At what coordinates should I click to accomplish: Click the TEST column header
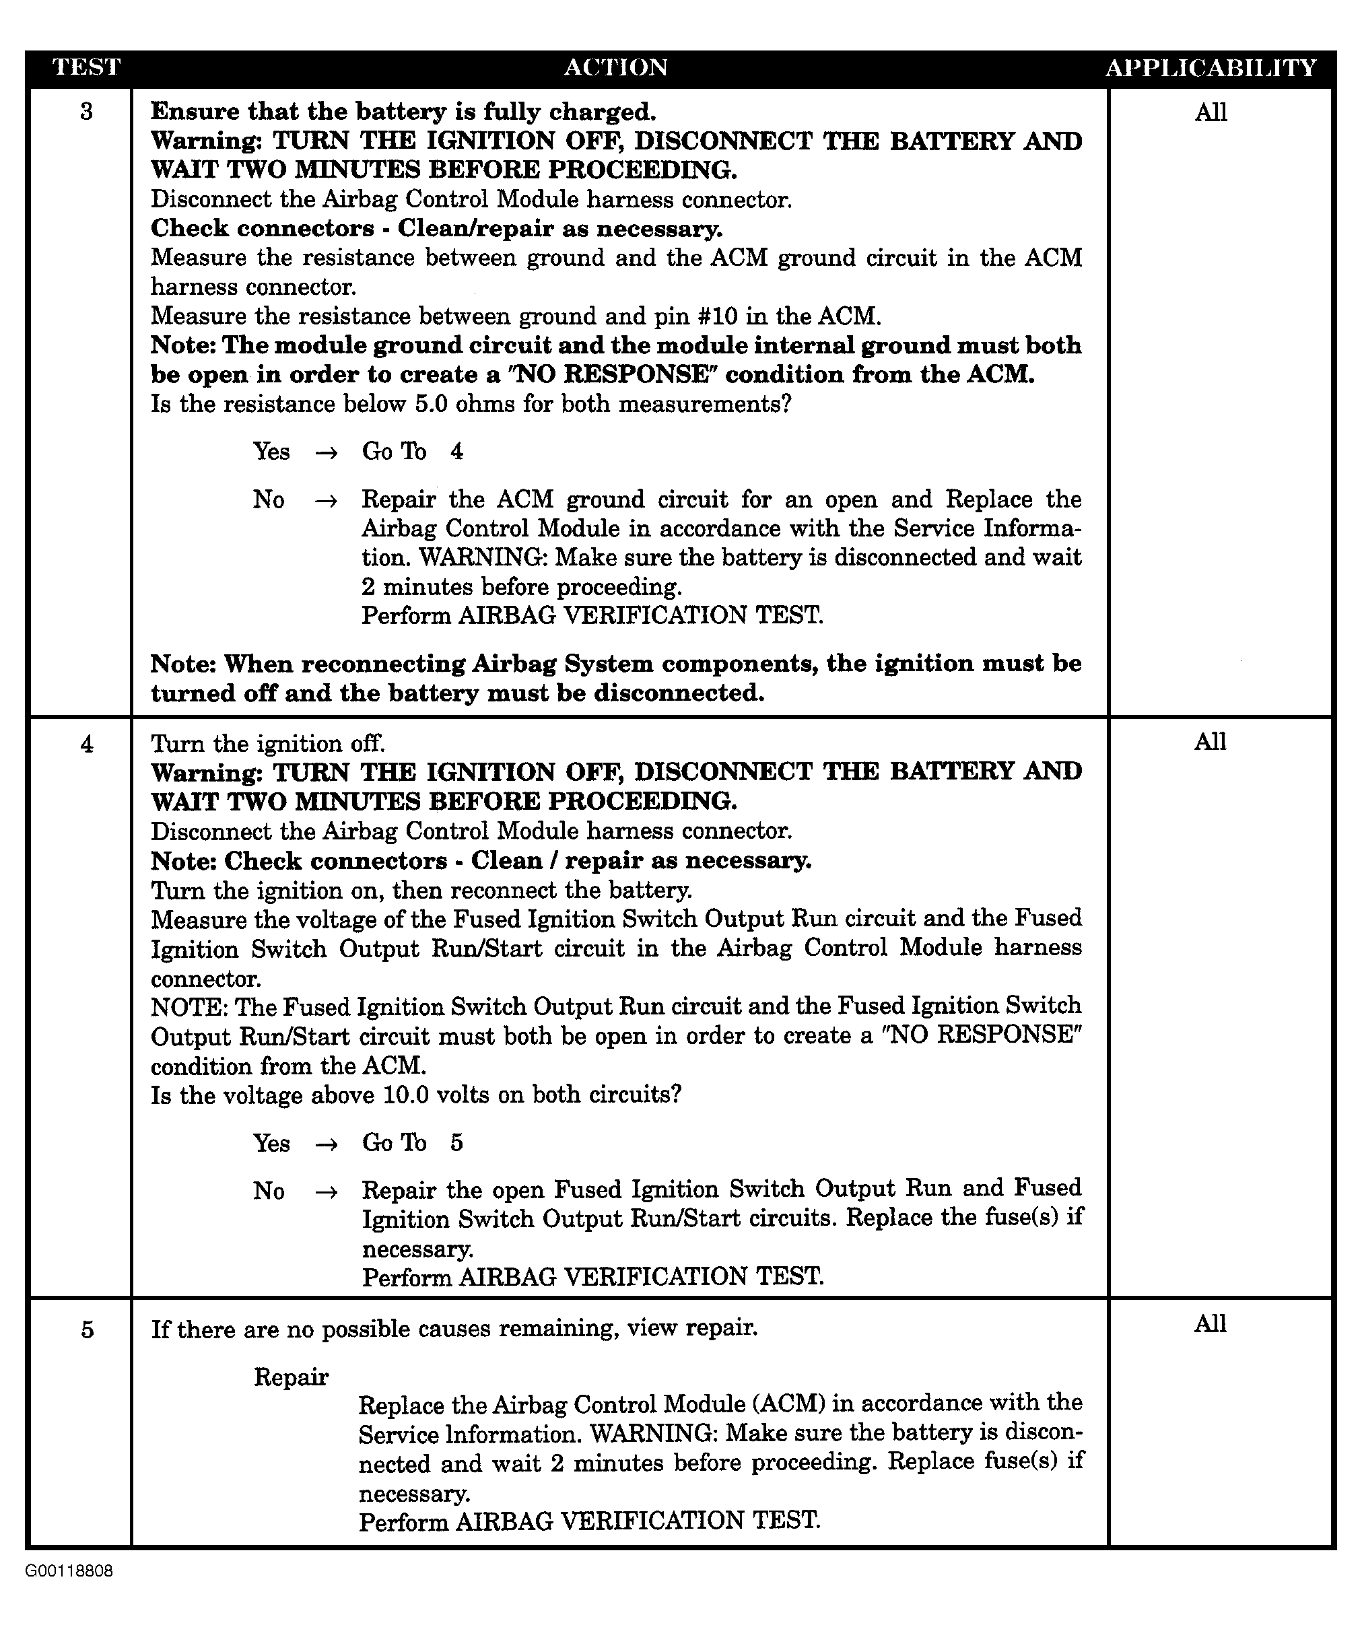86,67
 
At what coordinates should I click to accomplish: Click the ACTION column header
616,67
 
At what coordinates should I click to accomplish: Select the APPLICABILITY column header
1211,67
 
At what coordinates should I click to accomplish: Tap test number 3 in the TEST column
86,112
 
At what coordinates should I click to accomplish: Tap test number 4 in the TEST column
86,745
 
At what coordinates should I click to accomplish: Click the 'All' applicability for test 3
1211,113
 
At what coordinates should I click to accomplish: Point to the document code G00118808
69,1571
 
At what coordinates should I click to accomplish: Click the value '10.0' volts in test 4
407,1095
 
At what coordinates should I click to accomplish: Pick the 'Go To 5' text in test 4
412,1144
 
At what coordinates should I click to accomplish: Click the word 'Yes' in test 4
271,1144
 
